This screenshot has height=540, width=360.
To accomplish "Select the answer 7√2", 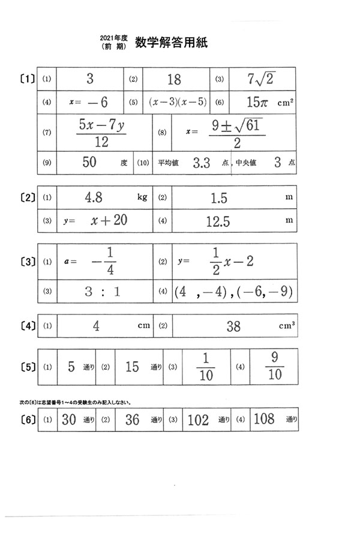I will pyautogui.click(x=260, y=79).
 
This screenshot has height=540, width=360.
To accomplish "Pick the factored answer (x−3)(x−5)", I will pyautogui.click(x=177, y=102).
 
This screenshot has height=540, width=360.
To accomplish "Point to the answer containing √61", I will pyautogui.click(x=234, y=133).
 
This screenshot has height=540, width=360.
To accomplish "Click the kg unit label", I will pyautogui.click(x=142, y=197).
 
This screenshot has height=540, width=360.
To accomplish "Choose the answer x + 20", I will pyautogui.click(x=109, y=220).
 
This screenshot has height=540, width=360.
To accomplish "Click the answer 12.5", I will pyautogui.click(x=218, y=221).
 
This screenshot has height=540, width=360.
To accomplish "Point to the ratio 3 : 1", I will pyautogui.click(x=103, y=292).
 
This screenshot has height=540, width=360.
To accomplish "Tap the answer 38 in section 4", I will pyautogui.click(x=233, y=326).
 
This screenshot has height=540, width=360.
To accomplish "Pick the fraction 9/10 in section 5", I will pyautogui.click(x=274, y=366).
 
